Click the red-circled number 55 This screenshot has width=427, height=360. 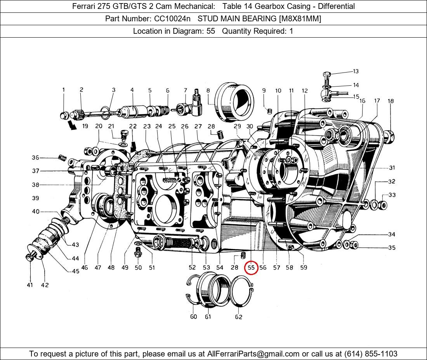coord(251,267)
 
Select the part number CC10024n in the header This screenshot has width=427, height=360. coord(169,19)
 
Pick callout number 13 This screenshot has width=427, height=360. coord(356,71)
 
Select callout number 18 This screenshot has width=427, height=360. coord(391,101)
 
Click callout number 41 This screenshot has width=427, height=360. coord(30,285)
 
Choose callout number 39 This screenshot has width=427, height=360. coord(35,198)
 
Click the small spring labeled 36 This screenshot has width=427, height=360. coord(61,157)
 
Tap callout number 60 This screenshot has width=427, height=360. coord(193,317)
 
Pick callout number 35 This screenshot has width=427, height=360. coord(392,247)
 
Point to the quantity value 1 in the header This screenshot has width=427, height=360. coord(291,31)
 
